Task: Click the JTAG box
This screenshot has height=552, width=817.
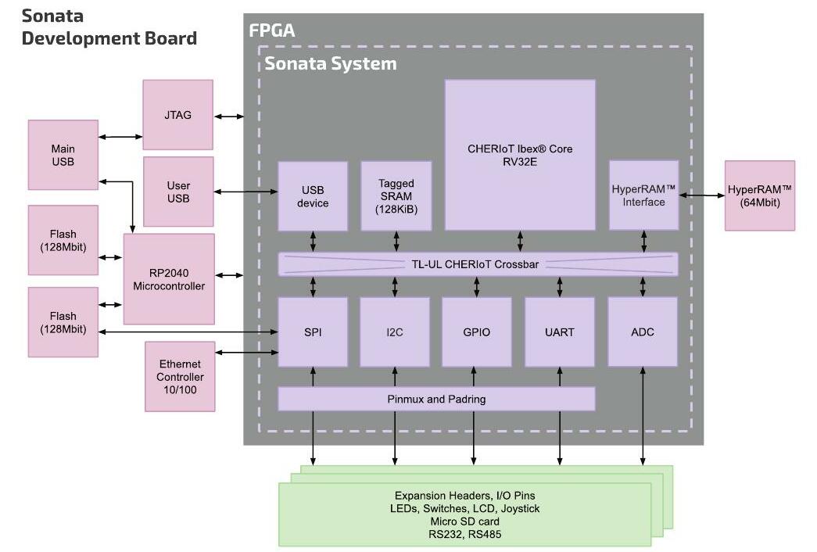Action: coord(177,115)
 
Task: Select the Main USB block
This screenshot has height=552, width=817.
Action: coord(63,155)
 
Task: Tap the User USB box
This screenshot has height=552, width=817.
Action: coord(178,192)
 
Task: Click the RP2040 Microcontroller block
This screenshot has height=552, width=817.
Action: coord(169,279)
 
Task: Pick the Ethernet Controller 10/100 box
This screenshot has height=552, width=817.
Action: coord(180,376)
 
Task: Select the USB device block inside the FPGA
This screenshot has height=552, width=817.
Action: coord(313,196)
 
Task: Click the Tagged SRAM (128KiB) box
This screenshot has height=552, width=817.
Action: coord(396,196)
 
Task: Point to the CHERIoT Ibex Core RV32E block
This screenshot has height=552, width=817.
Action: coord(520,155)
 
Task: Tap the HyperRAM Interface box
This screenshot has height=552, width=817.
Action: coord(643,195)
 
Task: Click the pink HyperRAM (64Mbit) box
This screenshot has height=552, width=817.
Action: coord(760,195)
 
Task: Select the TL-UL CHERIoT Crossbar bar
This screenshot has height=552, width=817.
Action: coord(478,264)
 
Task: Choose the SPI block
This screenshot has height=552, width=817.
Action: coord(313,332)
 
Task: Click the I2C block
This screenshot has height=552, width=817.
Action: coord(395,332)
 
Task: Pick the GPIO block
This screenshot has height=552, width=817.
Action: coord(476,332)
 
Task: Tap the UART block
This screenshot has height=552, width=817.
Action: coord(559,332)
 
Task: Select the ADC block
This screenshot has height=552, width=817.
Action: coord(643,332)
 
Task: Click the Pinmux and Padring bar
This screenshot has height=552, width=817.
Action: coord(436,399)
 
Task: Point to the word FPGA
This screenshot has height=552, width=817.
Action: coord(271,30)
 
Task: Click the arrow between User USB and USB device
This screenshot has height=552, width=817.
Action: coord(246,192)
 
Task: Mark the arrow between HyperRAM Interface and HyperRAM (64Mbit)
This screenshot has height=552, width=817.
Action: coord(702,195)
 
